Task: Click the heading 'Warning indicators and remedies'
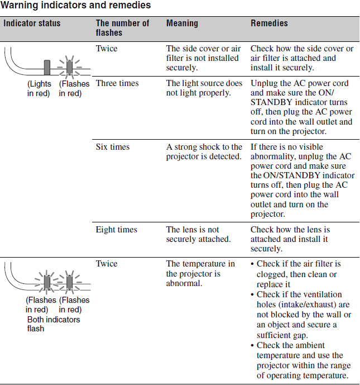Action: [76, 6]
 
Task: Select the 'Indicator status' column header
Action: [32, 23]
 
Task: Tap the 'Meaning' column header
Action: [182, 23]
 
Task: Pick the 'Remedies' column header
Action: [269, 23]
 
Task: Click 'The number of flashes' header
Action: [122, 28]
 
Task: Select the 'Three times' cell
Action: [117, 83]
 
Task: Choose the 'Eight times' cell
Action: [116, 230]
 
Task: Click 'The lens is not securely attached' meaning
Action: [198, 234]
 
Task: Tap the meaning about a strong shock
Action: [204, 151]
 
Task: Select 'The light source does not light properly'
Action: [204, 88]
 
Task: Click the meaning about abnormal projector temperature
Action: [200, 273]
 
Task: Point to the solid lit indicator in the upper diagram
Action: [47, 66]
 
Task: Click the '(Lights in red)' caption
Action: [39, 88]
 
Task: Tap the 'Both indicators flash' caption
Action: [54, 324]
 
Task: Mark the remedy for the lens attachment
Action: [290, 239]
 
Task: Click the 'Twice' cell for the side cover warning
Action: [107, 49]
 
